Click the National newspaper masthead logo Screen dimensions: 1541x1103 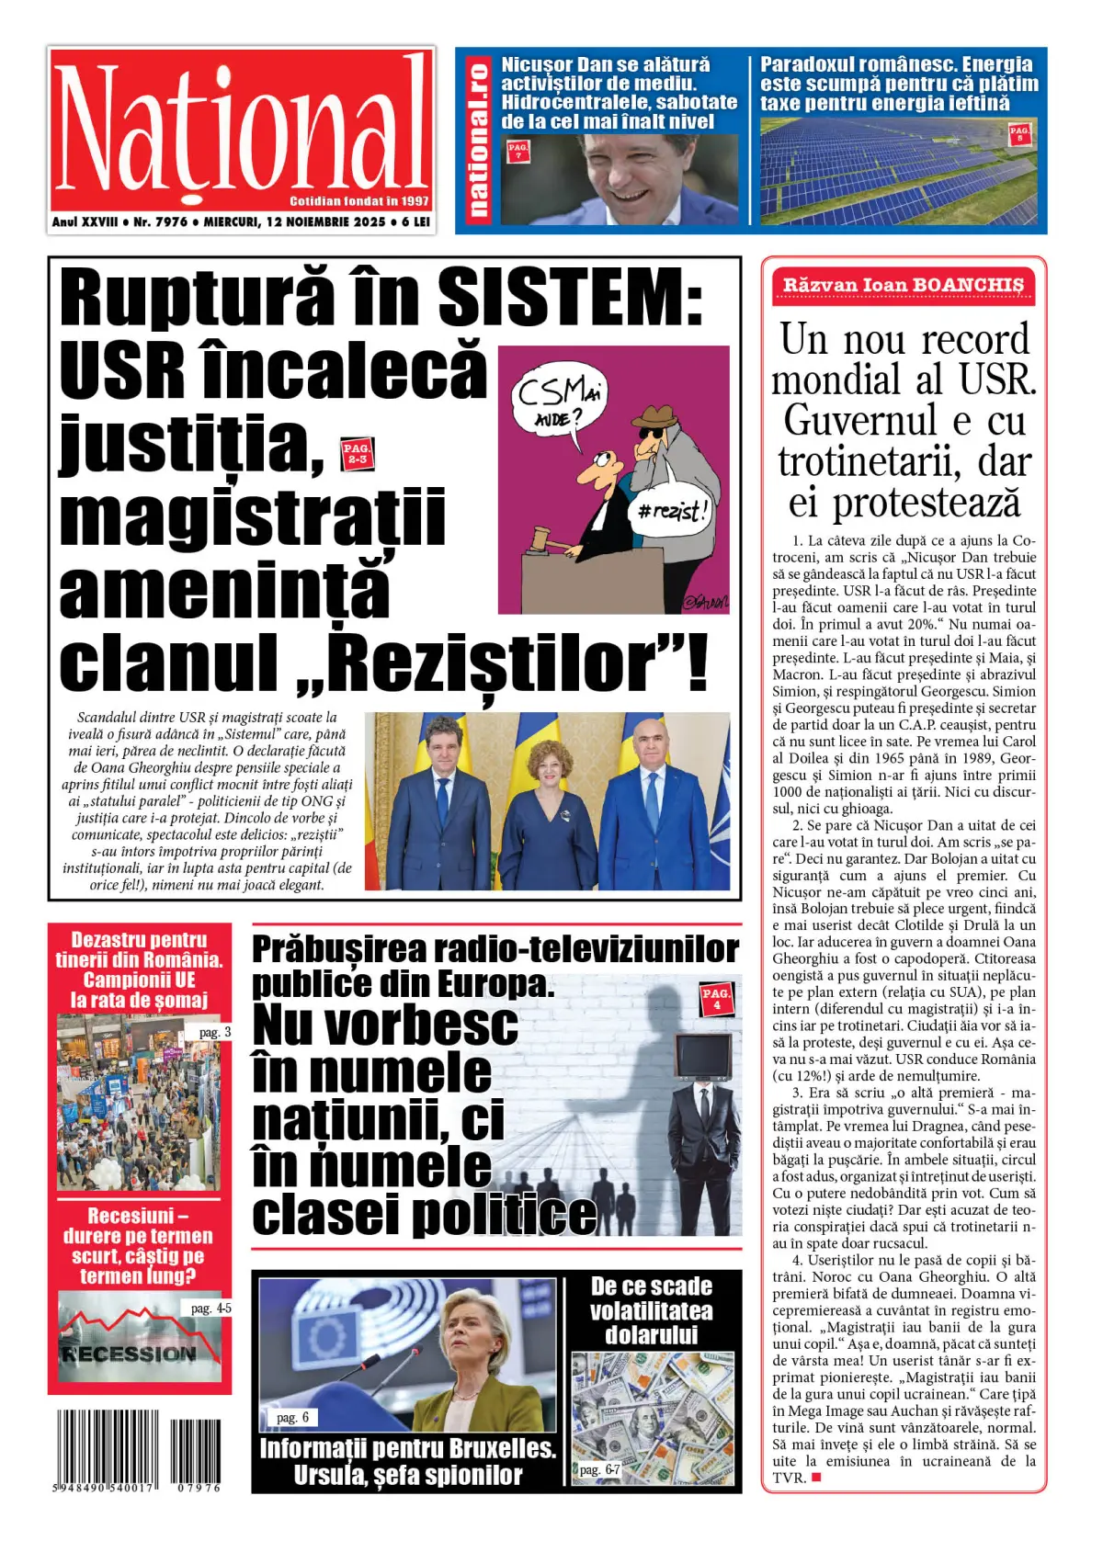tap(241, 129)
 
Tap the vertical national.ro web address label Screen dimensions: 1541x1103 tap(477, 140)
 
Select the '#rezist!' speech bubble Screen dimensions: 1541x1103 tap(675, 510)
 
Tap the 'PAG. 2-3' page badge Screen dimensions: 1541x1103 tap(356, 454)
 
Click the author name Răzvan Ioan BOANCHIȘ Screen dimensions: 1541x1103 tap(903, 285)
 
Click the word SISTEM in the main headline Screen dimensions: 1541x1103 tap(570, 297)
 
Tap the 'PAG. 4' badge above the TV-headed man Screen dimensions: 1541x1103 tap(716, 998)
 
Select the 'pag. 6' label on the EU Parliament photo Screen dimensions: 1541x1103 tap(292, 1418)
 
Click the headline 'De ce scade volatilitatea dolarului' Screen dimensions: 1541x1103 tap(652, 1310)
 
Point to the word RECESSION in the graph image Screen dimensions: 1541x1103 tap(130, 1354)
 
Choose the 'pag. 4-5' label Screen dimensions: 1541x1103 tap(210, 1308)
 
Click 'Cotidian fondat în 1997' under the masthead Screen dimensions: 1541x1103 tap(359, 201)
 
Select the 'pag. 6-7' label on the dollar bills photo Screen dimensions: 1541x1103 tap(599, 1469)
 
